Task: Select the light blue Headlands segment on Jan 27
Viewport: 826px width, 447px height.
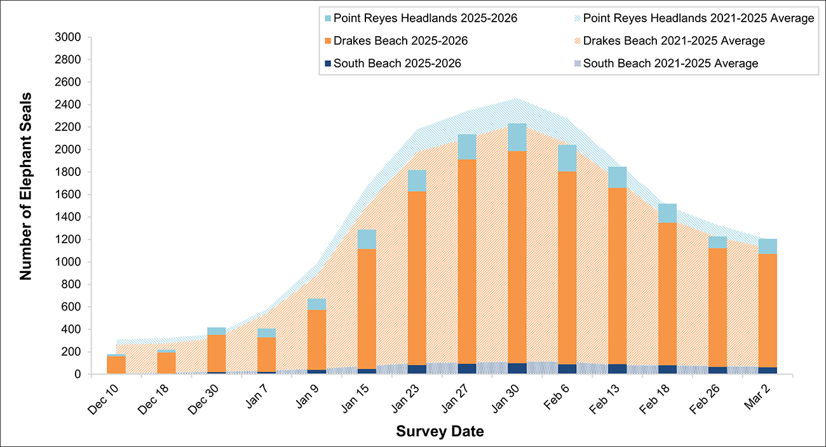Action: [x=467, y=147]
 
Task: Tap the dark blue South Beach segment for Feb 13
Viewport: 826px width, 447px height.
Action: [x=617, y=369]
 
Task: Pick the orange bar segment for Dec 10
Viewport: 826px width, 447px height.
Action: [x=116, y=365]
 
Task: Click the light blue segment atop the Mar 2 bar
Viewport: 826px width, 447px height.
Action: [x=767, y=246]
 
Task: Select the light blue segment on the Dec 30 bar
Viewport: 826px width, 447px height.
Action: [x=216, y=331]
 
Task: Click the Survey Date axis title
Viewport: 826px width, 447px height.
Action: [x=440, y=432]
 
